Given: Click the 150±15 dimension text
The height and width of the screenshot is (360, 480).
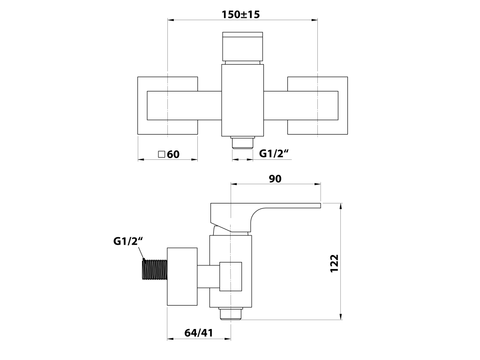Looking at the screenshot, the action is pos(240,15).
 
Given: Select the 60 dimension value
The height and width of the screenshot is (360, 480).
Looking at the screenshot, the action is pos(173,154).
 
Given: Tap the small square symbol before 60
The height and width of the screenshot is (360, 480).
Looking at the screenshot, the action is pos(162,154).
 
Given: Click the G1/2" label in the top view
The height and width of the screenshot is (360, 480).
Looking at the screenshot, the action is pos(274,153).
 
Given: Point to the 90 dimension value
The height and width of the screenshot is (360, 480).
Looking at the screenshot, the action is pos(275,179).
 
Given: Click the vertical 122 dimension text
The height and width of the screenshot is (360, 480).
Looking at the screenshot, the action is pos(334,263).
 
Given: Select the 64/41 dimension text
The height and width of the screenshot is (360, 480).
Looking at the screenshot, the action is pos(199,333).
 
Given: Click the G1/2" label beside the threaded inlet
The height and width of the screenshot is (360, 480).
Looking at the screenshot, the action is pos(128,241).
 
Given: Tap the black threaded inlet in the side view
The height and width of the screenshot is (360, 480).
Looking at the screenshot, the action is pos(155,270).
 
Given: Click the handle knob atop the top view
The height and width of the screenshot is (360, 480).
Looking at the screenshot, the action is pos(242,46).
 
